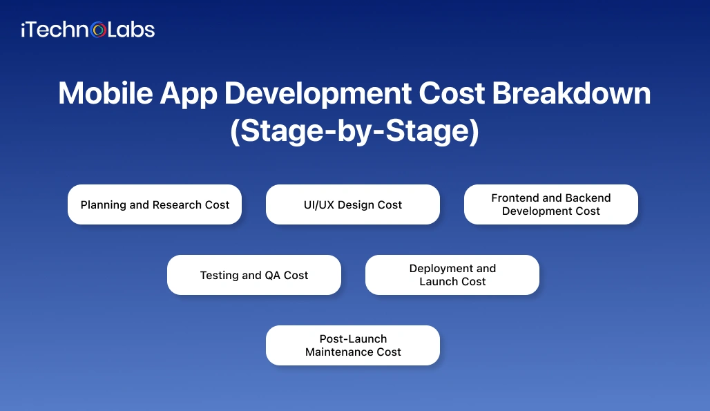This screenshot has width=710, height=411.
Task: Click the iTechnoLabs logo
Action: [88, 30]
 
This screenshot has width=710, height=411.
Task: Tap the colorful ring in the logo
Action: [99, 30]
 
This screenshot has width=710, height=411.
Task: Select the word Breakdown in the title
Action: [571, 94]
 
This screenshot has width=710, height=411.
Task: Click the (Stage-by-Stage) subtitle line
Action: [354, 131]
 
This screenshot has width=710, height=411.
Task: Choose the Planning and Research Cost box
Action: [155, 204]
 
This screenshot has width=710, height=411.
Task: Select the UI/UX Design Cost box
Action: [353, 204]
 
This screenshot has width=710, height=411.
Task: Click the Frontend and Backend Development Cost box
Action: [550, 204]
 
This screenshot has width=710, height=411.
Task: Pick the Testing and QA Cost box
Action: [254, 275]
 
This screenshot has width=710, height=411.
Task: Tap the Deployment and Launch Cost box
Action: [452, 275]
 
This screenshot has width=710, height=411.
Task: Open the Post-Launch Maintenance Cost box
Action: [353, 345]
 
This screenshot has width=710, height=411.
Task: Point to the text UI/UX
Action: [319, 204]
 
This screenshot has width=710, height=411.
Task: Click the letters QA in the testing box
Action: [273, 275]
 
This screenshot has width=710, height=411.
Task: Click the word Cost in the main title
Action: [450, 94]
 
